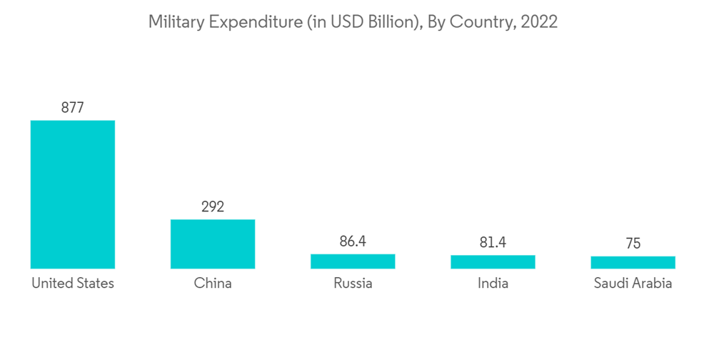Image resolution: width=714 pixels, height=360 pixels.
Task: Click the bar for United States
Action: tap(72, 194)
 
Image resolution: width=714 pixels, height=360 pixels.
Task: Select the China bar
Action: tap(212, 244)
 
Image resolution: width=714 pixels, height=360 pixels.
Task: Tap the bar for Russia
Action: tap(353, 261)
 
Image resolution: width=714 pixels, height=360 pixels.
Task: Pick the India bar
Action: tap(493, 261)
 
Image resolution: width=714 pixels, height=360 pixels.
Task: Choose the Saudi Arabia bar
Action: tap(633, 262)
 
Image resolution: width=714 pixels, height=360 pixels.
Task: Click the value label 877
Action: tap(72, 108)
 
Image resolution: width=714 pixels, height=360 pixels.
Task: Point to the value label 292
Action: tap(212, 207)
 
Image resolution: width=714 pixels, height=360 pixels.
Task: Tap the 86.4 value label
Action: tap(353, 241)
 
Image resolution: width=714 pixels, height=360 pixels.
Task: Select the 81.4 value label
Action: tap(493, 243)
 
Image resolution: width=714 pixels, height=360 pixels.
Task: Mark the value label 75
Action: tap(633, 244)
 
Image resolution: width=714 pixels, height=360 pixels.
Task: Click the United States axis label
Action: tap(72, 284)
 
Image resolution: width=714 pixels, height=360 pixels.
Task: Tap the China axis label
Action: tap(212, 284)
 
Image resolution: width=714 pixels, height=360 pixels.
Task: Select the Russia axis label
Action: tap(353, 284)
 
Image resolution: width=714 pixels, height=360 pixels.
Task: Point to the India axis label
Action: tap(493, 284)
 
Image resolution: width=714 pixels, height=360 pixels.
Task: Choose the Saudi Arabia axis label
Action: tap(633, 284)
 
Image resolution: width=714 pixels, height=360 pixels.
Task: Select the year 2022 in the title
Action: tap(539, 22)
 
